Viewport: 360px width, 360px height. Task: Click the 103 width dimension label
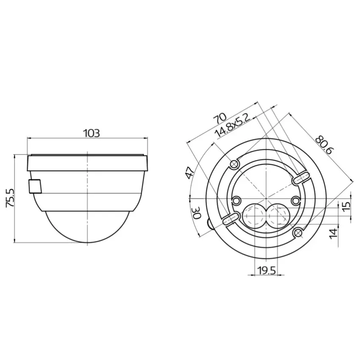pyautogui.click(x=91, y=133)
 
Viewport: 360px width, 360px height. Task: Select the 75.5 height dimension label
pyautogui.click(x=11, y=198)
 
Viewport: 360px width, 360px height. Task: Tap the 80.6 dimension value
pyautogui.click(x=324, y=145)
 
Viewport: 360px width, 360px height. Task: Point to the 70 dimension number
pyautogui.click(x=220, y=118)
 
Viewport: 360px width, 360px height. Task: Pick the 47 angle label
pyautogui.click(x=190, y=173)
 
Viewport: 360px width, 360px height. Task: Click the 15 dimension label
pyautogui.click(x=347, y=206)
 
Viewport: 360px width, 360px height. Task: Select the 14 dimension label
pyautogui.click(x=334, y=233)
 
